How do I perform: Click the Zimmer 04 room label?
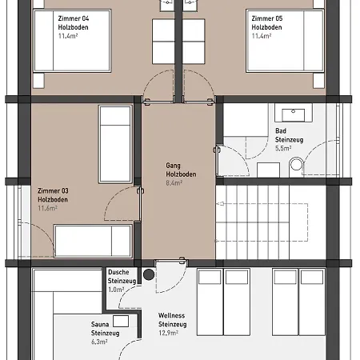pos(74,18)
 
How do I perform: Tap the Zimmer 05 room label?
pos(267,18)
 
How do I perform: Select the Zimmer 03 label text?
pos(53,191)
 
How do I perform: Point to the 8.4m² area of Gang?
pos(174,183)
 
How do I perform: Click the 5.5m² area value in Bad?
pos(283,148)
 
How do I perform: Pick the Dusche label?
pos(118,272)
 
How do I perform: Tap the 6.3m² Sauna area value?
pos(99,342)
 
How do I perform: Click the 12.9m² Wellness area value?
pos(168,333)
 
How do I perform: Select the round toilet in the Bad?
pos(296,164)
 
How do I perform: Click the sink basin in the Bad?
pos(293,114)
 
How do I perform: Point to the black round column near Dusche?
pos(149,274)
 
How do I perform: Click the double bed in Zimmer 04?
pos(72,41)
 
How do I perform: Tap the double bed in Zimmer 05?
pos(285,41)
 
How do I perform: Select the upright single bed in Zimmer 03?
pos(115,144)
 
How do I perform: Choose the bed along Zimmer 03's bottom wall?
pos(93,241)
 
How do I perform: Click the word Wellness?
pos(171,315)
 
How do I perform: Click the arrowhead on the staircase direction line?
pos(219,204)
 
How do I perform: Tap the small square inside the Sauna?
pos(121,321)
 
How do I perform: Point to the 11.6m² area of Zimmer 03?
pos(47,208)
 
